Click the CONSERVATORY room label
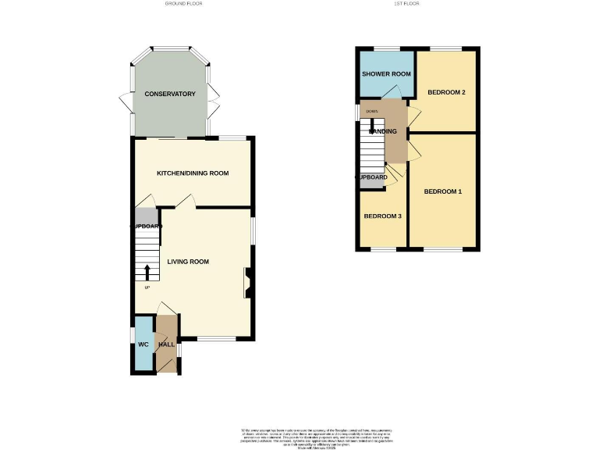pyautogui.click(x=169, y=94)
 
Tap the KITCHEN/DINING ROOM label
pyautogui.click(x=192, y=173)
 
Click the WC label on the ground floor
pyautogui.click(x=144, y=345)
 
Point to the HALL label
pyautogui.click(x=167, y=345)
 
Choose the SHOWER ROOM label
pyautogui.click(x=386, y=74)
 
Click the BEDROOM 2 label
pyautogui.click(x=446, y=93)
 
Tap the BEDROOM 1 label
pyautogui.click(x=443, y=191)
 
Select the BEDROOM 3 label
pyautogui.click(x=382, y=216)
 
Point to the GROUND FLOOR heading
pyautogui.click(x=185, y=4)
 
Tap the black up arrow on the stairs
pyautogui.click(x=147, y=272)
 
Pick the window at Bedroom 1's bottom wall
pyautogui.click(x=441, y=249)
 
